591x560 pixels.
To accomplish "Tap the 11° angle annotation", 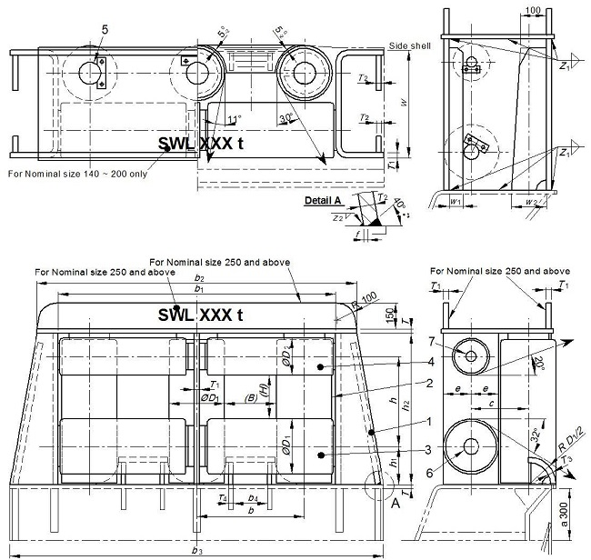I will tap(235, 119).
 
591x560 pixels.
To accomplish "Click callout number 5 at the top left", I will tap(105, 30).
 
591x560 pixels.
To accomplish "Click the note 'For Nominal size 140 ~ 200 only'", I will tap(76, 173).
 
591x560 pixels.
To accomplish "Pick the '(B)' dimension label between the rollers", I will tap(248, 396).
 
